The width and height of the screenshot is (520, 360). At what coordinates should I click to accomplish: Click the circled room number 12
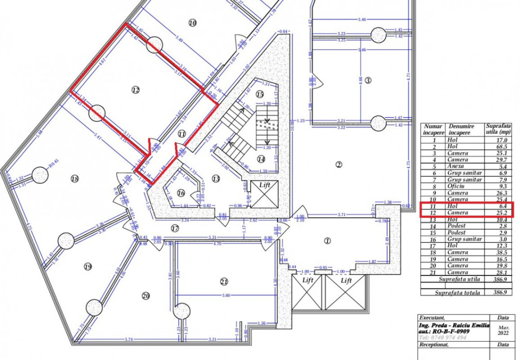[x=135, y=90]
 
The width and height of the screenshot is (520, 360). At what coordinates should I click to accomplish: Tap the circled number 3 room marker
[x=367, y=80]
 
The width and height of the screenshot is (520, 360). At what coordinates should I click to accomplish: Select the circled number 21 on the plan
[x=224, y=282]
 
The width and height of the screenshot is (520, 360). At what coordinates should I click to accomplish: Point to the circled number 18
[x=75, y=178]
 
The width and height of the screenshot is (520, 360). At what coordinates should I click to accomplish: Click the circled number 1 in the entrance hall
[x=327, y=240]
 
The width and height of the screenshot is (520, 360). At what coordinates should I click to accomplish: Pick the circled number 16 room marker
[x=181, y=193]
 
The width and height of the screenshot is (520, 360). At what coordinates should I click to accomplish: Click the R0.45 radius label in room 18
[x=53, y=161]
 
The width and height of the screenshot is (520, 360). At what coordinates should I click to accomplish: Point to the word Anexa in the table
[x=456, y=166]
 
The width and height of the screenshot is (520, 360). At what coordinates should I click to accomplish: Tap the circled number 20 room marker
[x=145, y=296]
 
